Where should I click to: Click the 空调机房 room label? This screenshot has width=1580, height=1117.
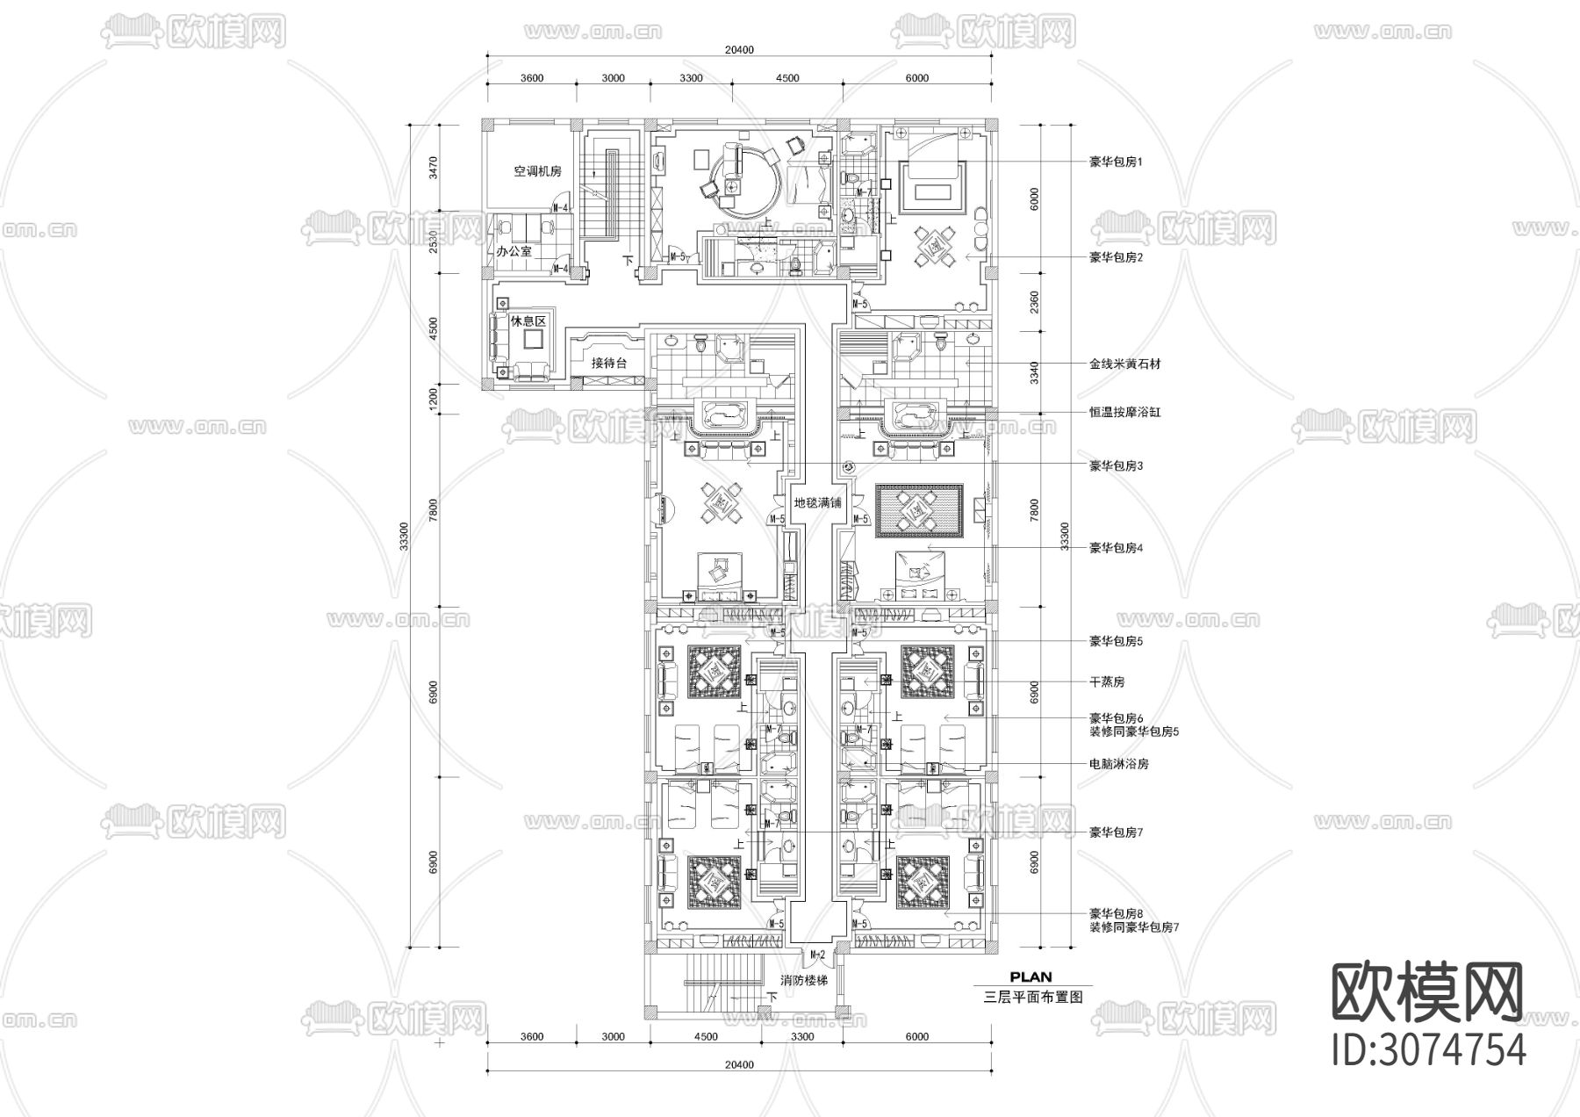[x=537, y=172]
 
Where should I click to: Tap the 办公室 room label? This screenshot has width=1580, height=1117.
[x=513, y=251]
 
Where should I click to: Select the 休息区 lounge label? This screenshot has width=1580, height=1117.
[x=528, y=321]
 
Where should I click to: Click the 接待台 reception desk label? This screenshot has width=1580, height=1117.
[x=608, y=363]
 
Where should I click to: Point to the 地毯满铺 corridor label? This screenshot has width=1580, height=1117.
[x=817, y=503]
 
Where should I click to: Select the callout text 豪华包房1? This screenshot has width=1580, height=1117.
[x=1116, y=162]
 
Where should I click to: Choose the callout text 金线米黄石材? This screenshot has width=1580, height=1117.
[x=1124, y=364]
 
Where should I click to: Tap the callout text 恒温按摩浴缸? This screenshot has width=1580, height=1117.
[x=1124, y=412]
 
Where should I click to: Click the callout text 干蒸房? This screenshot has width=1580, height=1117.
[x=1107, y=681]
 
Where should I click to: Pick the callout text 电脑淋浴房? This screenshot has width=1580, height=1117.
[x=1118, y=764]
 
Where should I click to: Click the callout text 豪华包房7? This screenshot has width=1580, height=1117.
[x=1116, y=832]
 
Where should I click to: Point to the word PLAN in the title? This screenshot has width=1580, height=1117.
[x=1031, y=976]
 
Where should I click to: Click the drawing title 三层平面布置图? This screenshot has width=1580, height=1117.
[x=1033, y=997]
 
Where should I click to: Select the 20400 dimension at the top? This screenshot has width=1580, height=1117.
[x=739, y=50]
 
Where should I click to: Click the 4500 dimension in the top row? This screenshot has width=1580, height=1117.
[x=787, y=78]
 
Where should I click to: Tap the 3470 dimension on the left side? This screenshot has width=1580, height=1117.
[x=431, y=167]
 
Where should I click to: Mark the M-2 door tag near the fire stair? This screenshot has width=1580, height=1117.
[x=817, y=955]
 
